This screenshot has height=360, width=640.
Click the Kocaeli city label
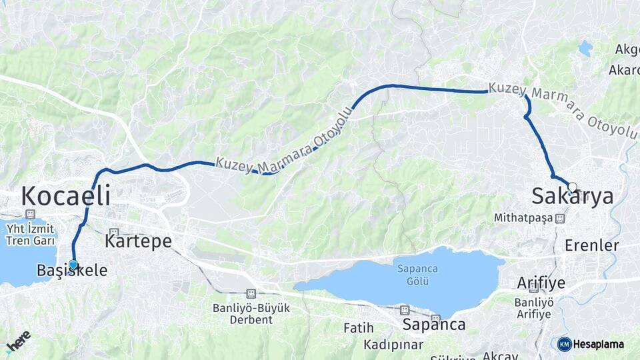point(65,196)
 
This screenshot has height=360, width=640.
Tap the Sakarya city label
point(572,196)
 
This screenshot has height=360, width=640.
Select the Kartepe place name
point(138,241)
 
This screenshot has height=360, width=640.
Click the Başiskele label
point(63,271)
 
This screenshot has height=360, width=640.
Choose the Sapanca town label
point(433,325)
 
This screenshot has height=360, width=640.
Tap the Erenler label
point(591,245)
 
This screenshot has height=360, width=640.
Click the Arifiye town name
point(541,283)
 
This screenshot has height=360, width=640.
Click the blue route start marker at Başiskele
point(73,265)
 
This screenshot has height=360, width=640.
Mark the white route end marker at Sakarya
point(572,187)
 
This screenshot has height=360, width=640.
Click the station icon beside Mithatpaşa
point(560,218)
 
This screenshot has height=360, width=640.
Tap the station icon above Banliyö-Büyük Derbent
point(251,293)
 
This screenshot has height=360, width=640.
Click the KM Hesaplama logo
point(591,344)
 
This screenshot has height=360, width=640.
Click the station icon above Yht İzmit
point(29,214)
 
